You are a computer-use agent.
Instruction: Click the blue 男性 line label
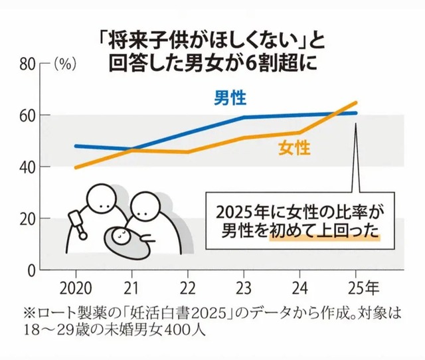230,99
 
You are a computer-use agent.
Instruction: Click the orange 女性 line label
294,148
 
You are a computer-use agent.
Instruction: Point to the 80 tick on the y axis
29,64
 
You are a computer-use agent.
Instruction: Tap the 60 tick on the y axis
29,116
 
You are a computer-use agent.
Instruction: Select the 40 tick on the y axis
29,167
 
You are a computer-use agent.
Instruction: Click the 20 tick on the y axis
29,219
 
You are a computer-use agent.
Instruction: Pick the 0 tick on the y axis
33,270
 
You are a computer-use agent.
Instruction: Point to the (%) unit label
64,64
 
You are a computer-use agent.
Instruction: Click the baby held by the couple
121,237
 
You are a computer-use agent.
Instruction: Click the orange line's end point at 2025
357,102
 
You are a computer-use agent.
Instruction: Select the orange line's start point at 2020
75,167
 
